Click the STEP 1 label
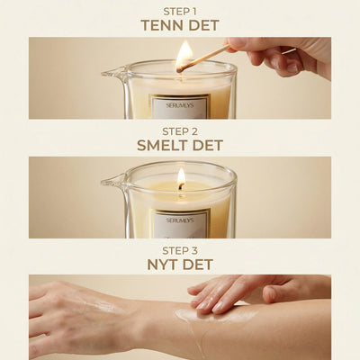pos(180,11)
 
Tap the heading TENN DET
pos(180,25)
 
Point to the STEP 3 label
pos(180,249)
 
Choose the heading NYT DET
pos(180,264)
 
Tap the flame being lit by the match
pos(184,54)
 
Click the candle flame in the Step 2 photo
pos(181,177)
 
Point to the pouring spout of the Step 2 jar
pos(110,184)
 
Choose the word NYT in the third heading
pos(163,264)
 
